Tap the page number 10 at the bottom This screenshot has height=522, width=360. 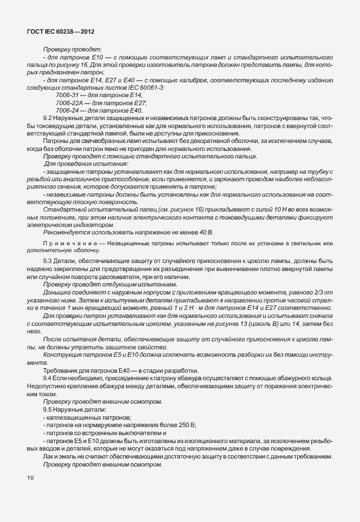(30, 477)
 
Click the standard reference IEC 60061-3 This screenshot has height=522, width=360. (144, 87)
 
